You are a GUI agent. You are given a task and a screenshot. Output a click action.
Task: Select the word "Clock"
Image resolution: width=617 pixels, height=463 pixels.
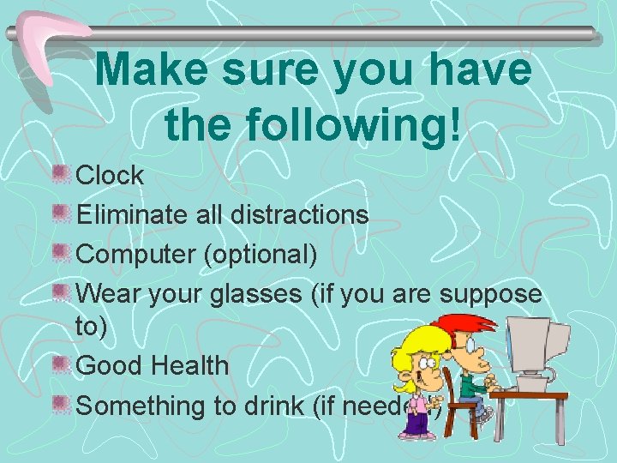(111, 176)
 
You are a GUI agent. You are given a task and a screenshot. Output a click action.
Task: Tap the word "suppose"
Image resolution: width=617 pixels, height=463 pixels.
(490, 294)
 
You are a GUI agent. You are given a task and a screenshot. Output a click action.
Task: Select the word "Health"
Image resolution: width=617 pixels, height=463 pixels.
(189, 365)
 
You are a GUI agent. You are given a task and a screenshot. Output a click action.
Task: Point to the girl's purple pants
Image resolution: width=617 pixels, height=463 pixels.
(417, 421)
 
